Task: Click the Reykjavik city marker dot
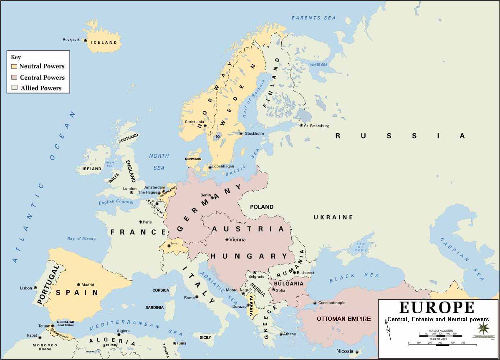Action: pyautogui.click(x=86, y=40)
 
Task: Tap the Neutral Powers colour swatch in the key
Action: pyautogui.click(x=14, y=66)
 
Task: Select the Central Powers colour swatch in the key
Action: pyautogui.click(x=14, y=77)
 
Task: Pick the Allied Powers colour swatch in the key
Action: pyautogui.click(x=14, y=88)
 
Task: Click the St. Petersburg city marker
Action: pyautogui.click(x=301, y=125)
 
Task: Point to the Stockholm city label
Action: pyautogui.click(x=254, y=133)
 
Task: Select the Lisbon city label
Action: pyautogui.click(x=26, y=288)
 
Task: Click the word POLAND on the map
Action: pyautogui.click(x=262, y=207)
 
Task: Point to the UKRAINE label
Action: pyautogui.click(x=333, y=217)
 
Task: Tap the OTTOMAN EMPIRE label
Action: pyautogui.click(x=343, y=319)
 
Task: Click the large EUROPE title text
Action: pyautogui.click(x=437, y=307)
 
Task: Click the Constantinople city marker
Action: pyautogui.click(x=315, y=303)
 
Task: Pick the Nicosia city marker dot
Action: pyautogui.click(x=357, y=352)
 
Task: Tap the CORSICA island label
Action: pyautogui.click(x=161, y=290)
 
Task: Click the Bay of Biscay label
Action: pyautogui.click(x=81, y=239)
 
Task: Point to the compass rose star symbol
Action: pyautogui.click(x=483, y=328)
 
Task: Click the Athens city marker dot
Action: pyautogui.click(x=281, y=334)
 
